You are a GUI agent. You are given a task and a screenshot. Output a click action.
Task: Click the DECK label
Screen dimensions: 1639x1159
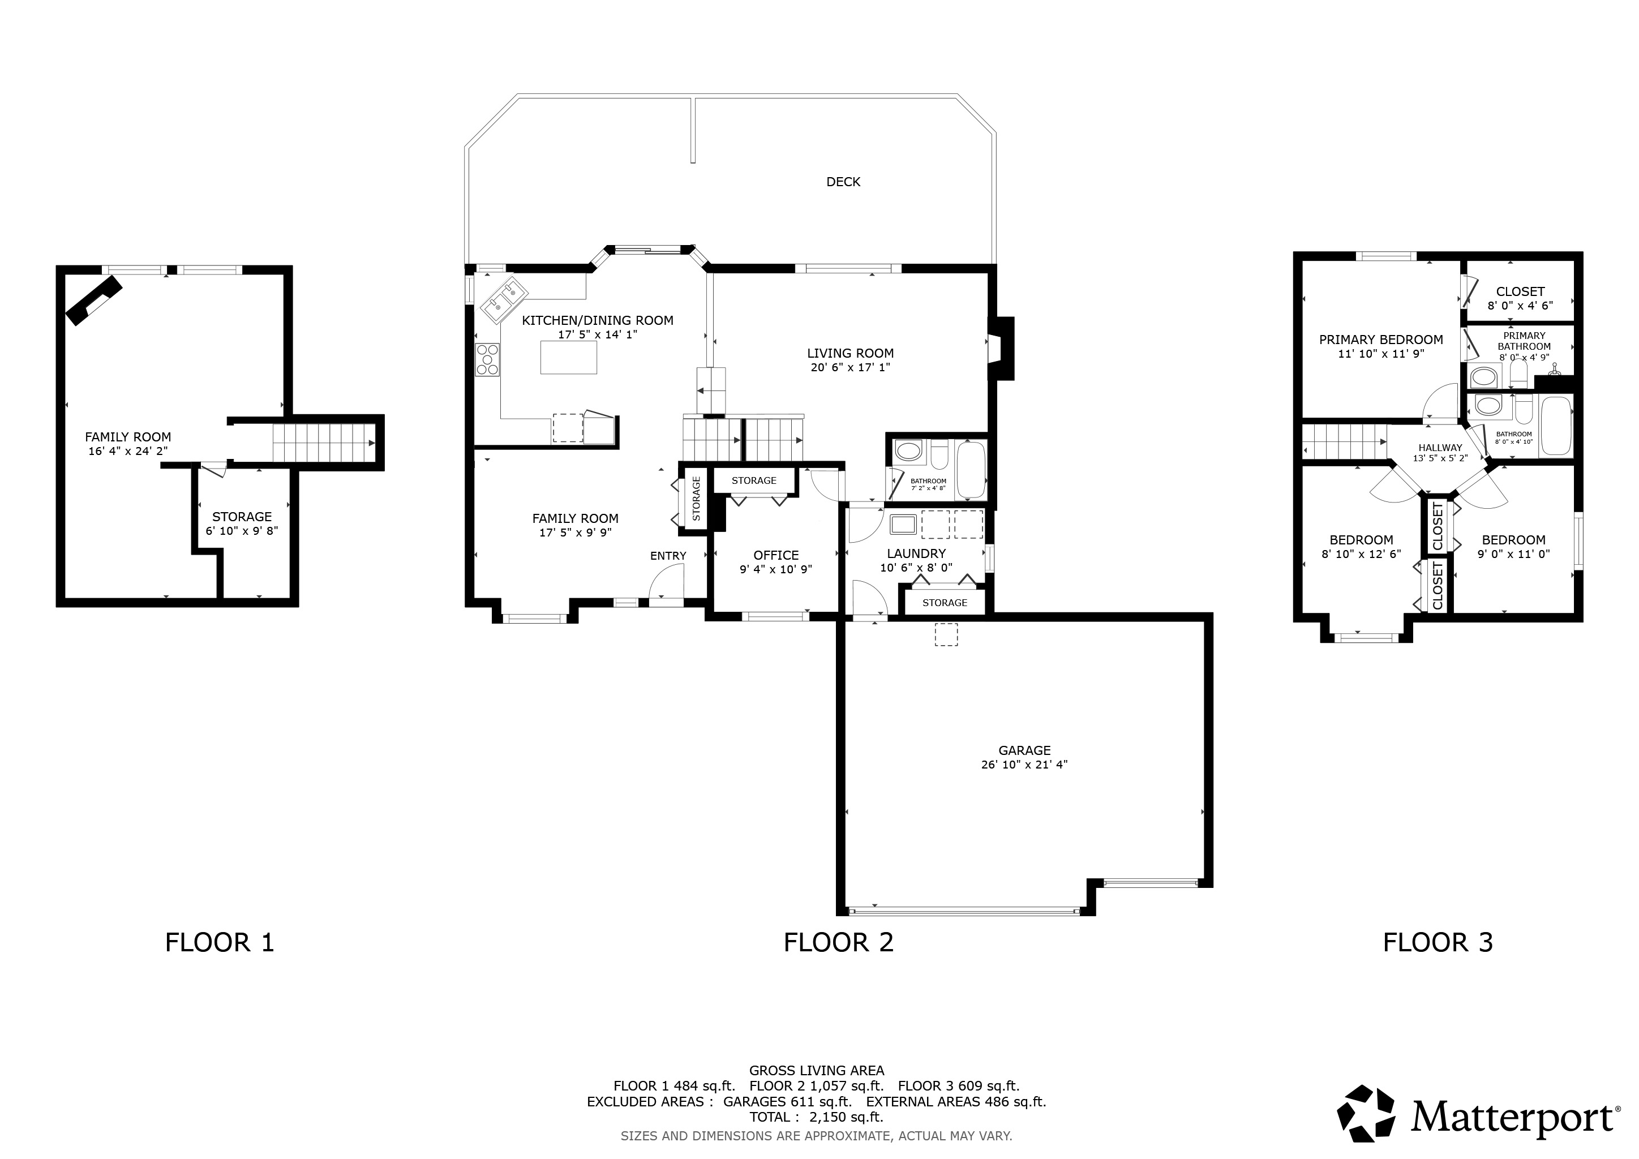[x=843, y=182]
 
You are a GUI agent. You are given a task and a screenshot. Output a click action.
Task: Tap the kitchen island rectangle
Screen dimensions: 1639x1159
[x=568, y=357]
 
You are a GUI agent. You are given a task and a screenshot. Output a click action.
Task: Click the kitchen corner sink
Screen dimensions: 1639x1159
[x=504, y=300]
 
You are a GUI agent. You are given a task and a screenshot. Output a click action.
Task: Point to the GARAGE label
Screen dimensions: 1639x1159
[x=1024, y=750]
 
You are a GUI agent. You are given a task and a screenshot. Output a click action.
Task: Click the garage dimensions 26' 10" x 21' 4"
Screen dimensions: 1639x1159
[x=1024, y=765]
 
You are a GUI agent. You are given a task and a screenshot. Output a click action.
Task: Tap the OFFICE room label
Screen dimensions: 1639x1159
[x=776, y=555]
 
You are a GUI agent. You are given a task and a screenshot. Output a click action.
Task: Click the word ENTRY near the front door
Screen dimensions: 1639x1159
[x=668, y=556]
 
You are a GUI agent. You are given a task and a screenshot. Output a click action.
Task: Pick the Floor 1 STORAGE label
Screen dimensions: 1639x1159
[x=242, y=517]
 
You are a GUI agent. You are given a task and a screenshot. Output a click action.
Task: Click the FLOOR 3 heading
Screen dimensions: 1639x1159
[x=1438, y=943]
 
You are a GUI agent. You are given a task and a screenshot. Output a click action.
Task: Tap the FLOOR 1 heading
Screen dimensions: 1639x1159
[x=220, y=943]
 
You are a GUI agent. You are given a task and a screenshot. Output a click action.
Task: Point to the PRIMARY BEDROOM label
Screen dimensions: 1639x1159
[x=1381, y=340]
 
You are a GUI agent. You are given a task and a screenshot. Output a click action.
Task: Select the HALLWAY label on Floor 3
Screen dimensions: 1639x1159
[x=1440, y=448]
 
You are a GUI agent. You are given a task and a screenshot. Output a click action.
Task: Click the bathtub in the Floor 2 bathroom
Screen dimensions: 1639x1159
[x=970, y=470]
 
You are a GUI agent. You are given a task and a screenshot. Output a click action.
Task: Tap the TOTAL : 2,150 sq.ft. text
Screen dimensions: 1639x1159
[x=817, y=1117]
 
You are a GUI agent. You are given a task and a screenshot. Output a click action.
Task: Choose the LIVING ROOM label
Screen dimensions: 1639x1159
[x=850, y=353]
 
